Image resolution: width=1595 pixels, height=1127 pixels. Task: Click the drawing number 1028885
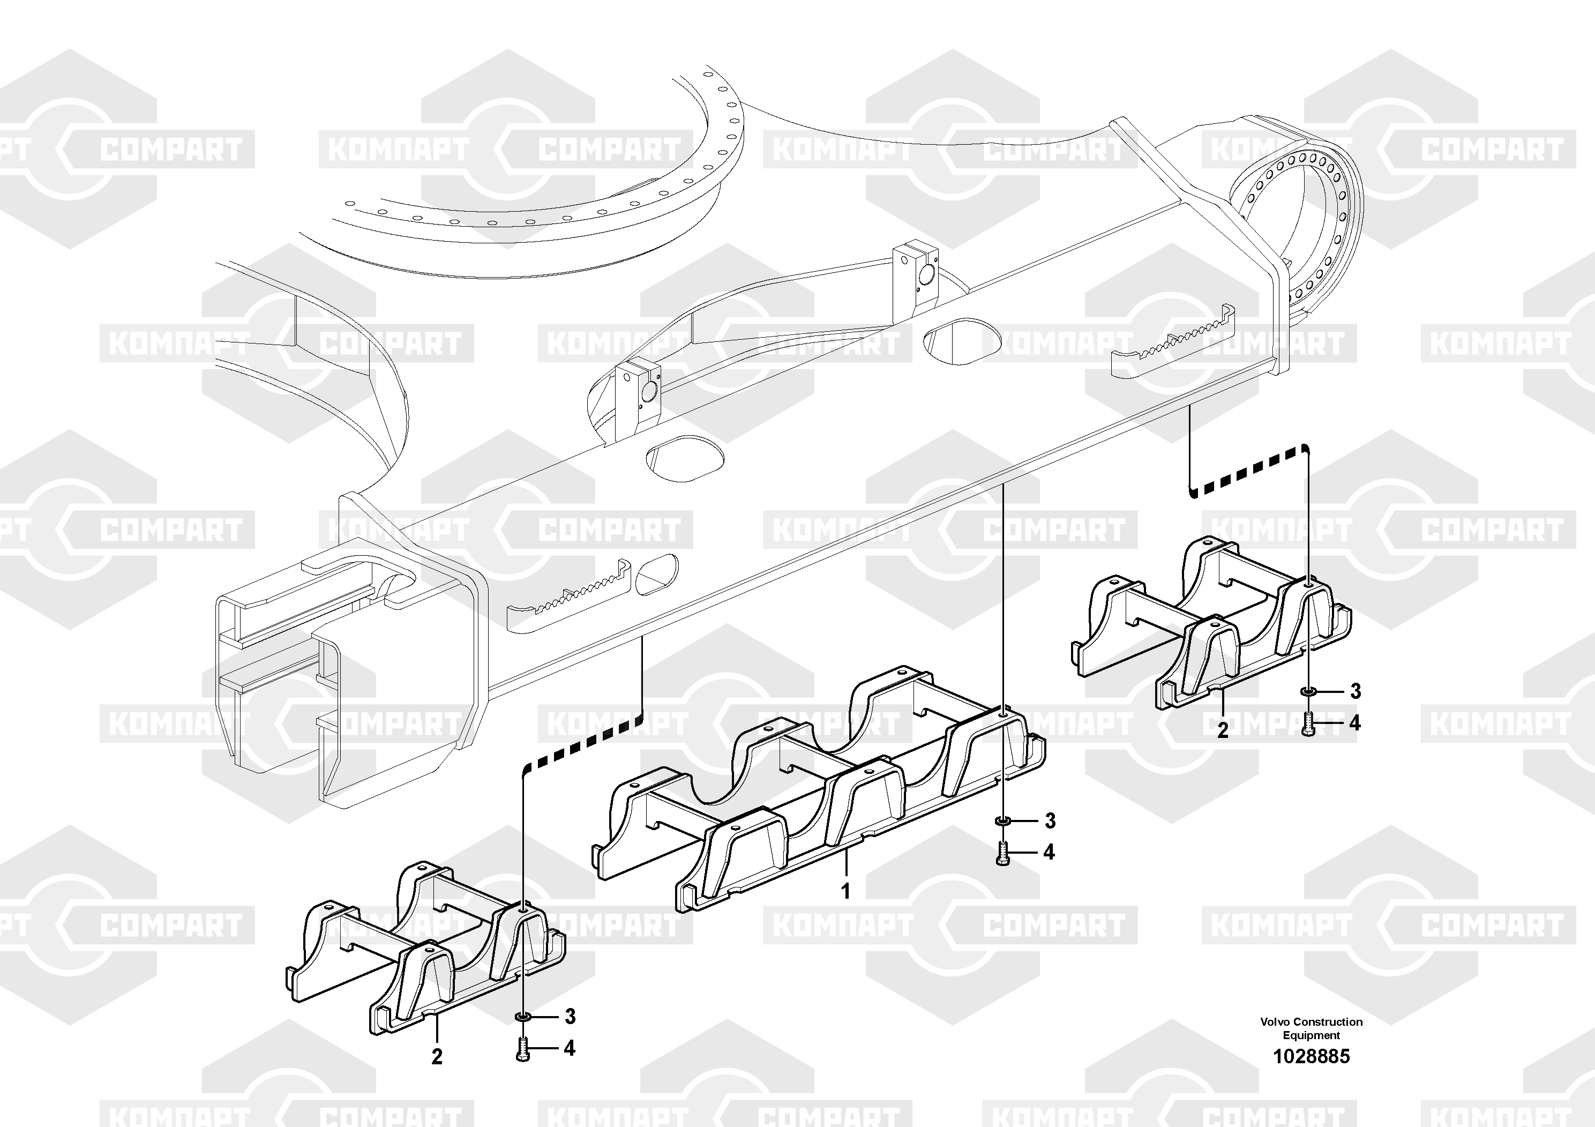(1311, 1057)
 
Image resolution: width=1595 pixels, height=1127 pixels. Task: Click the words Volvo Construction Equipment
(1311, 1028)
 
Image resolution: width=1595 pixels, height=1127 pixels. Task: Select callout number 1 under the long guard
(845, 891)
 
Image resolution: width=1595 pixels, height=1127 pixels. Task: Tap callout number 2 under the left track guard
(436, 1057)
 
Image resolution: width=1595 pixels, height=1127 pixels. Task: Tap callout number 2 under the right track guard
(1223, 730)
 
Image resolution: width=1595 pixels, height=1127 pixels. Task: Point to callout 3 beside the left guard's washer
(570, 1017)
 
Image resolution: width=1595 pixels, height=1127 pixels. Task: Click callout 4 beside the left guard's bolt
(570, 1048)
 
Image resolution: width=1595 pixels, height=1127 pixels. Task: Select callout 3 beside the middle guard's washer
(1050, 822)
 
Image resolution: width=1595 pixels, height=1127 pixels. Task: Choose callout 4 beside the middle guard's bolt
(1049, 852)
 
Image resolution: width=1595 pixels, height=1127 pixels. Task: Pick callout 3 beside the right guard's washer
(1354, 691)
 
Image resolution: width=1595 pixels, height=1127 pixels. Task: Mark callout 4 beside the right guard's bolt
(1354, 723)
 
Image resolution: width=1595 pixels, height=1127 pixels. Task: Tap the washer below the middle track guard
(1002, 822)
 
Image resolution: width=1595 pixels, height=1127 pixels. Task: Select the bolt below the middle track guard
(1002, 853)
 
